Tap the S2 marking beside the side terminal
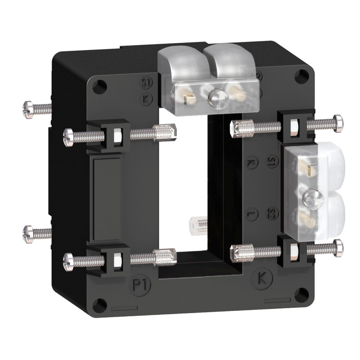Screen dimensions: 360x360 point(271,213)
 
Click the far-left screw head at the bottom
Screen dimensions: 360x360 point(27,233)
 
